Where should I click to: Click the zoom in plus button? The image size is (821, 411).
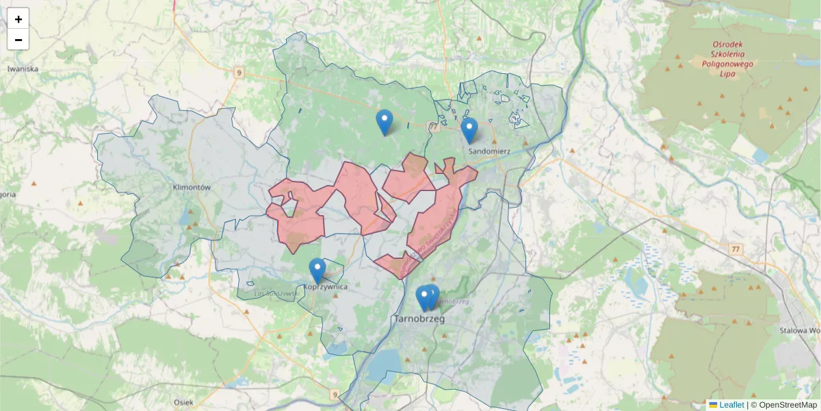18,19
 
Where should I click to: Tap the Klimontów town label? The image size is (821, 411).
191,186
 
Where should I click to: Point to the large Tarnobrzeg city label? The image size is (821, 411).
419,319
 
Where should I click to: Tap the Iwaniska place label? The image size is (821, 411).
23,69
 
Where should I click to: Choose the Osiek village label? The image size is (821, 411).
183,402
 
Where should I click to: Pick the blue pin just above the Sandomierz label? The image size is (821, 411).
469,129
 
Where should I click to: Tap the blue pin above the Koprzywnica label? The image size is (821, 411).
317,270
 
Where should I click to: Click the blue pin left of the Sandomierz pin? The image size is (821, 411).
385,121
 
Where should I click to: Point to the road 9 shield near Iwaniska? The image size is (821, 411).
237,72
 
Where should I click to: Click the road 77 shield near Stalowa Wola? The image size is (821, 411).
735,249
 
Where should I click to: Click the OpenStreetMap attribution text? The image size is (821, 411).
787,405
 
